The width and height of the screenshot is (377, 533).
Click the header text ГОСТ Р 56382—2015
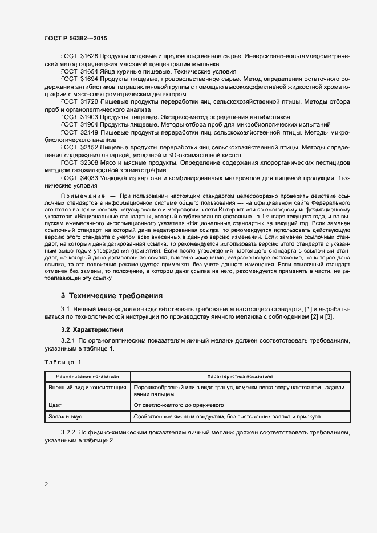point(76,38)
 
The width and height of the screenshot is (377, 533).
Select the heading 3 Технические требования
point(112,296)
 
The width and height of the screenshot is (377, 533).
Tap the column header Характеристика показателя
point(240,377)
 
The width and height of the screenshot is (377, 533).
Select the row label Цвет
point(55,405)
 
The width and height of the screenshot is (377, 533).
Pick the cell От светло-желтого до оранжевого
point(178,405)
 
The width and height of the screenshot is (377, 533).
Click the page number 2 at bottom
point(46,485)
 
